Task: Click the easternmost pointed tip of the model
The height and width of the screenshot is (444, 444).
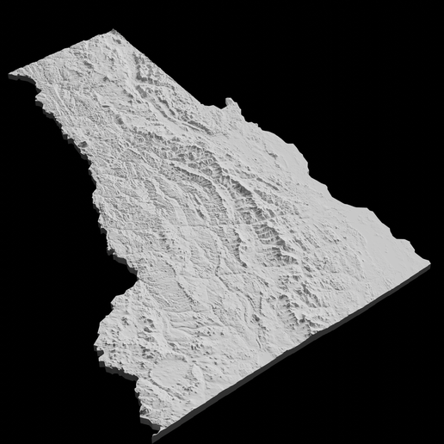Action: tap(429, 263)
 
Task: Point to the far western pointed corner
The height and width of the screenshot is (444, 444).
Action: tap(10, 75)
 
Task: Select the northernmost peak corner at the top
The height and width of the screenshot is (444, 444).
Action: tap(113, 32)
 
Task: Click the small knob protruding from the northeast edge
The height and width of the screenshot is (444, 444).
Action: tap(231, 104)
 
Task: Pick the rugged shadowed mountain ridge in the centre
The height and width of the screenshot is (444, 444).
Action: tap(250, 198)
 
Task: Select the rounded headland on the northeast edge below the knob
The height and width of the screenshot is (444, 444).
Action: tap(297, 155)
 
